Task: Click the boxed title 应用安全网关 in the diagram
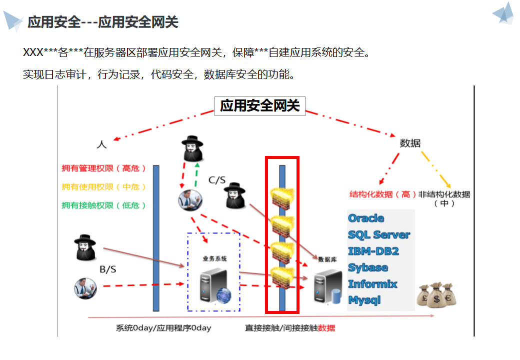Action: [259, 106]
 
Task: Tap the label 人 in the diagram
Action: [101, 144]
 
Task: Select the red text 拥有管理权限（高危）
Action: [104, 168]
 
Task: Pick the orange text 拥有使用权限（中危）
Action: [104, 187]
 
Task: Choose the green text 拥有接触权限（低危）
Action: [104, 205]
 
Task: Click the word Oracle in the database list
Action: [366, 218]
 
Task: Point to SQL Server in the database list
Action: [379, 234]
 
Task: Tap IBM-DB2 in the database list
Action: [373, 251]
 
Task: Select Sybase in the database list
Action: [368, 267]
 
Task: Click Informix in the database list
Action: [372, 284]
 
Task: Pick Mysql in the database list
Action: [364, 300]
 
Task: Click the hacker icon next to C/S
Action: [234, 195]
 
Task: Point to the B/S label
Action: [108, 269]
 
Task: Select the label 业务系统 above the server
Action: [214, 258]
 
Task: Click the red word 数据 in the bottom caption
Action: [326, 328]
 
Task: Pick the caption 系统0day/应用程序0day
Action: [163, 328]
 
